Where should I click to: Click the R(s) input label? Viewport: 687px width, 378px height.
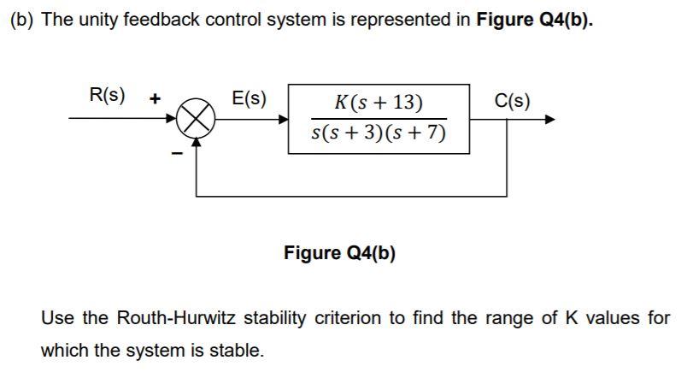point(108,95)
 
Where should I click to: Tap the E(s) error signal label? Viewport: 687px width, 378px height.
point(249,99)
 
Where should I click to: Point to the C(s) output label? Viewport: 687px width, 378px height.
point(513,100)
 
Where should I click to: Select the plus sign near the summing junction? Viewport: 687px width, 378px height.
point(156,98)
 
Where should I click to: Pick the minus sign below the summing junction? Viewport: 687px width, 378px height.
point(177,153)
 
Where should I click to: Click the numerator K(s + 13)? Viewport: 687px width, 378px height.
point(379,103)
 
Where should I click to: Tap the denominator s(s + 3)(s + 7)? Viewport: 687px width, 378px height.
point(379,134)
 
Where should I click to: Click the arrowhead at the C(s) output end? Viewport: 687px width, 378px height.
point(549,120)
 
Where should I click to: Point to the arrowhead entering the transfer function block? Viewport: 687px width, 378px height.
point(283,120)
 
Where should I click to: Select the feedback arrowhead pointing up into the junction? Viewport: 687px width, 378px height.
point(196,144)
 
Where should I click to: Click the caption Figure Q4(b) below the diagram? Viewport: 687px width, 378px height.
point(339,253)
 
